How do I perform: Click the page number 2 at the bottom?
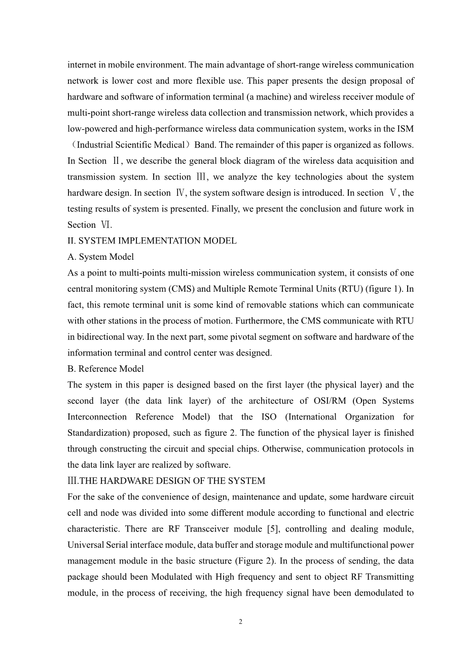click(240, 622)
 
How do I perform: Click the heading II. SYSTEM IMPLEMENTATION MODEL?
click(152, 241)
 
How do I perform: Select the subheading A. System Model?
click(100, 257)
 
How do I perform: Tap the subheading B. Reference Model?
click(105, 369)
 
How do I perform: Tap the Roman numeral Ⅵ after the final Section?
click(105, 225)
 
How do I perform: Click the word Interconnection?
click(97, 417)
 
